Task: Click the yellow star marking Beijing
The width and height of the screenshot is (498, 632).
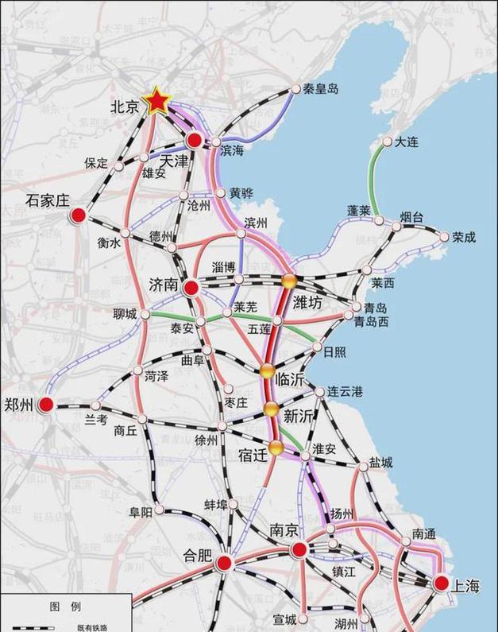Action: pos(157,101)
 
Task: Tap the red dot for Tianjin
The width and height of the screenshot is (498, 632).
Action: pos(194,141)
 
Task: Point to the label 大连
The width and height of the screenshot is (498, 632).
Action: pos(406,142)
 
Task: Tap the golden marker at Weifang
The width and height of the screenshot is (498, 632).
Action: pos(288,281)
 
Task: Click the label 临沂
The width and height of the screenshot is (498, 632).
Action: pos(290,380)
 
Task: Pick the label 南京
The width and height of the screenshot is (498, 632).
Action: pos(284,529)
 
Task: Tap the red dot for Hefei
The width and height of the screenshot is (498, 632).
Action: pos(224,563)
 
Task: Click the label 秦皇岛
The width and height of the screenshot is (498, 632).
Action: pos(321,89)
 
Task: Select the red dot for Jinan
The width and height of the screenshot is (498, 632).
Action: pos(191,288)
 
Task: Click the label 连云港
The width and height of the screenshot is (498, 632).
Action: pos(346,392)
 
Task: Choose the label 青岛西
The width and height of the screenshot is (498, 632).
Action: pos(372,322)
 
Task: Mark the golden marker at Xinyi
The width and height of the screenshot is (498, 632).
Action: pos(272,409)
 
